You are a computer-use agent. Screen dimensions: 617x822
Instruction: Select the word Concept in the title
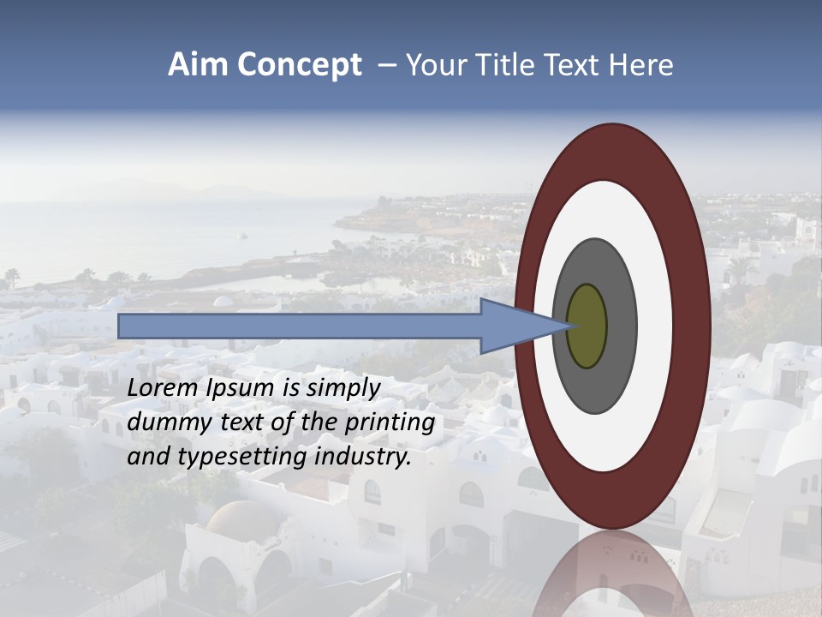(x=300, y=66)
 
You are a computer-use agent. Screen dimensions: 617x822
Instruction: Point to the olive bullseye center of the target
(x=587, y=326)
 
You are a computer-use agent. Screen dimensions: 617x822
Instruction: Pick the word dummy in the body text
(x=164, y=422)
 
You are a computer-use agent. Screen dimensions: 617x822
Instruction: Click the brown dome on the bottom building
(x=242, y=518)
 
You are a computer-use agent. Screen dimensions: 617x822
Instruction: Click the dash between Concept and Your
(x=386, y=66)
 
